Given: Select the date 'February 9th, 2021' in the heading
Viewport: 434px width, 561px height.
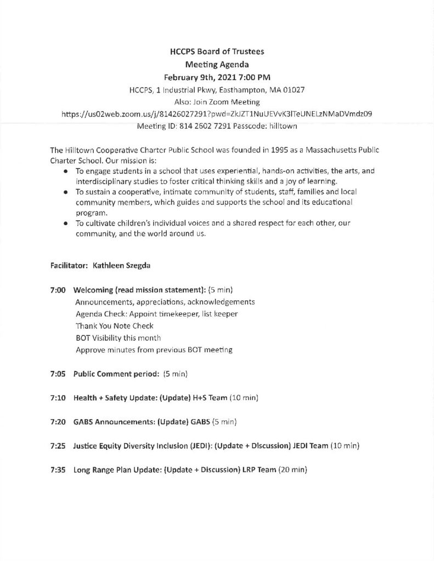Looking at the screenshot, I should [x=197, y=76].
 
